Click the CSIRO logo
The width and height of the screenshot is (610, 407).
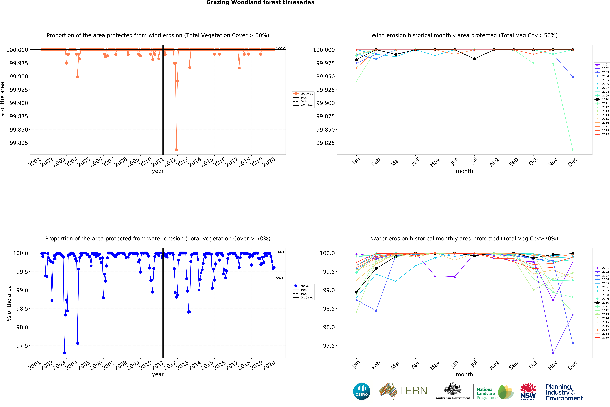362,391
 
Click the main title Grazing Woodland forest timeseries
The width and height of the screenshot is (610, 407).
260,3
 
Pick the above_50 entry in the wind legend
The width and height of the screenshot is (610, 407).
307,94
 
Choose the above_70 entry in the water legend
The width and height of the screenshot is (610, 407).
307,286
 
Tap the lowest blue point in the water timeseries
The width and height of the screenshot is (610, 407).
64,353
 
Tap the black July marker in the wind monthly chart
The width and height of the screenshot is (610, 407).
474,59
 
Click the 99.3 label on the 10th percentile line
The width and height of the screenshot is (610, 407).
279,278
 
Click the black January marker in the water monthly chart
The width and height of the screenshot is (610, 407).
356,292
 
